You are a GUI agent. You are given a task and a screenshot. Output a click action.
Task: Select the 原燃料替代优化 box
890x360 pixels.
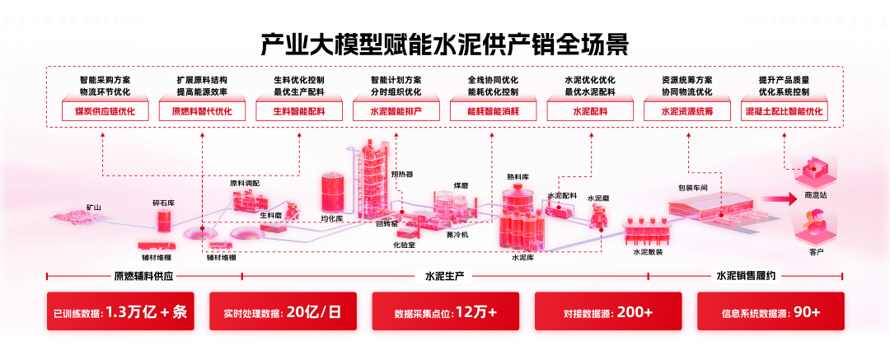202,110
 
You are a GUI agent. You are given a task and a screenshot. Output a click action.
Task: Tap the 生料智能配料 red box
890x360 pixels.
299,110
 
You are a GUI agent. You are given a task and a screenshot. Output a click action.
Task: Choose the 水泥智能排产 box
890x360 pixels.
396,110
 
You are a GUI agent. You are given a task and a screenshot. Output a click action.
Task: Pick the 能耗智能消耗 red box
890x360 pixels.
493,110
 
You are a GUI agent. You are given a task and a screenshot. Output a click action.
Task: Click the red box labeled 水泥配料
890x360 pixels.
590,110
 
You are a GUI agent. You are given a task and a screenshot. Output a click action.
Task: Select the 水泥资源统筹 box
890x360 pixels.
687,110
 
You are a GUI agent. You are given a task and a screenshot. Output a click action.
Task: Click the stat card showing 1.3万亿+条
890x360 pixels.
120,313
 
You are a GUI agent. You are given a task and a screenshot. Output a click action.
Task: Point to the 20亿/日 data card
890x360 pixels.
283,313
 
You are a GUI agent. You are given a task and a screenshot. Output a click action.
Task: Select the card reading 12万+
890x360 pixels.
446,313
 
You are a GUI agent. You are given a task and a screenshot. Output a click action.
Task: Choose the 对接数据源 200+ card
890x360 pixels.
608,313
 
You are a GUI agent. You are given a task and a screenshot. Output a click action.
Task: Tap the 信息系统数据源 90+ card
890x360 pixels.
771,313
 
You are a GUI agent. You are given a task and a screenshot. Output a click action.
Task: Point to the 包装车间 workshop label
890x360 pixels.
693,188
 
